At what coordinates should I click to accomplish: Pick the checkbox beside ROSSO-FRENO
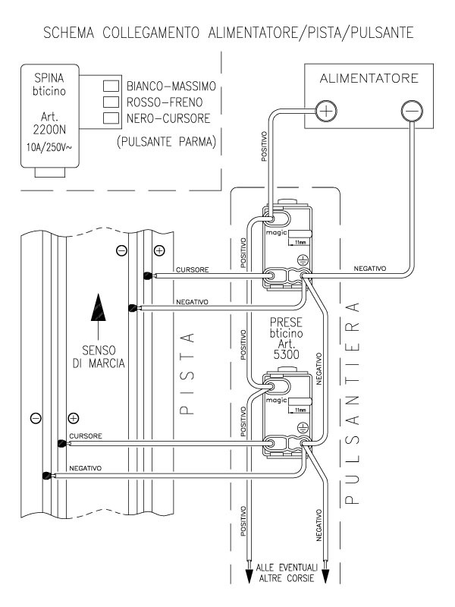tap(111, 102)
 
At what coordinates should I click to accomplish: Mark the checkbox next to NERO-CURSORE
tap(111, 117)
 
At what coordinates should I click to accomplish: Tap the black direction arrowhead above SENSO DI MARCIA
tap(97, 306)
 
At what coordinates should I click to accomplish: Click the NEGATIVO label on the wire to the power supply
tap(370, 269)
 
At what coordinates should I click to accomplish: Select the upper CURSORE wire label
tap(190, 269)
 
